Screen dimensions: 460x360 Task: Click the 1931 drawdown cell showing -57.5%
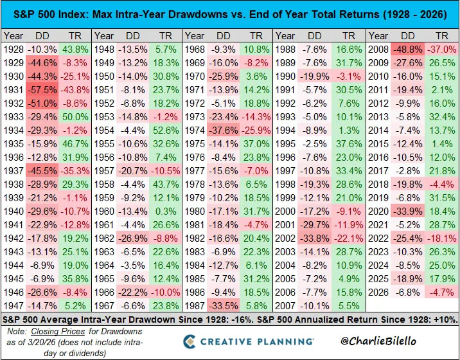pos(42,90)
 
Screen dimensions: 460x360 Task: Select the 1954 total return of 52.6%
pos(166,130)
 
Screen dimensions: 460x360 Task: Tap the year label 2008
pos(378,50)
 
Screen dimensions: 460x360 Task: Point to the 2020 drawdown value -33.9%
pos(407,212)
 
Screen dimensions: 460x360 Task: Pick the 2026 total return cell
pos(442,292)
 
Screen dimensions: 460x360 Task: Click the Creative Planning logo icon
pos(190,341)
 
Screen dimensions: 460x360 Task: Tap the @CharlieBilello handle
pos(378,341)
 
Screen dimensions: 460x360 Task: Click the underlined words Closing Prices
pos(58,332)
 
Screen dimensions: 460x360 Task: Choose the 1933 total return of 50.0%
pos(75,117)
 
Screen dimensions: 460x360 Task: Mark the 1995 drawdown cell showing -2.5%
pos(315,144)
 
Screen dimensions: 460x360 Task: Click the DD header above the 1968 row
pos(223,36)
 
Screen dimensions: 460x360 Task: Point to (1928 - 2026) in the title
pos(415,14)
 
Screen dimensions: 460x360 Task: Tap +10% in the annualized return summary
pos(447,319)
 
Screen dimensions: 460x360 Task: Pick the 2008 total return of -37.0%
pos(442,50)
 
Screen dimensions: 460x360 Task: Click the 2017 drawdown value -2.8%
pos(407,171)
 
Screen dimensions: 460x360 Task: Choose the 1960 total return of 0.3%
pos(166,212)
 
